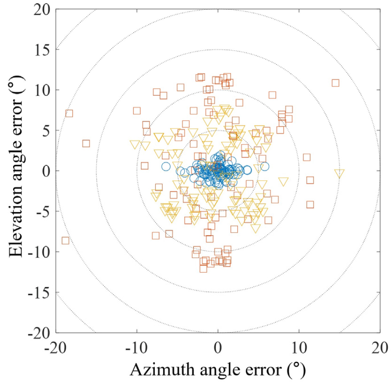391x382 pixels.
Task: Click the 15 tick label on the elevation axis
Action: (41, 50)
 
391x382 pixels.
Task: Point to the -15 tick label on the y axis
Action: (38, 292)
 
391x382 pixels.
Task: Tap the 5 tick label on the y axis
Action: (45, 131)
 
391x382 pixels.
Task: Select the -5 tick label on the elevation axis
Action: (42, 212)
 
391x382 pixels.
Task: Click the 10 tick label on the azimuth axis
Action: (299, 348)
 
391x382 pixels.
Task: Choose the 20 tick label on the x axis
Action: (380, 348)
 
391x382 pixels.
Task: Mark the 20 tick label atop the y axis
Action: (41, 10)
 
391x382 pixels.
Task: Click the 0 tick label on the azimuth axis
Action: (218, 348)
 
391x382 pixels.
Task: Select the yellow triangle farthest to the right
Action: (339, 174)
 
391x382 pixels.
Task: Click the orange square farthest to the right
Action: (335, 83)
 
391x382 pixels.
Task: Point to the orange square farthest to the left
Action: (65, 241)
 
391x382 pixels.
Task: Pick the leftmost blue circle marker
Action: (166, 166)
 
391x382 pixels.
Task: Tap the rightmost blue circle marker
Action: (265, 166)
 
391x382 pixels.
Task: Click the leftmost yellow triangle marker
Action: (135, 145)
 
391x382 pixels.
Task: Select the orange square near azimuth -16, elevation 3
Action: (86, 143)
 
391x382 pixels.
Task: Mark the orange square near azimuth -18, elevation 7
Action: (69, 114)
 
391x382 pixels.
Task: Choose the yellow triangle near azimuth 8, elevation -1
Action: (283, 182)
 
